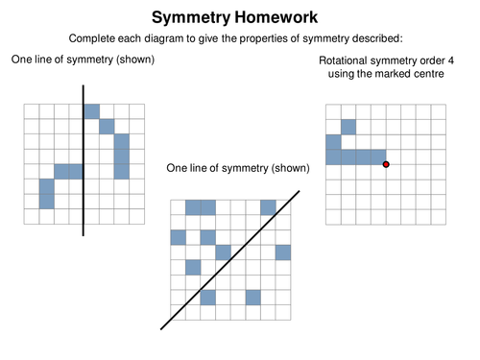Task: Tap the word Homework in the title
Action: (x=281, y=17)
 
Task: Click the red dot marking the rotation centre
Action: (x=386, y=165)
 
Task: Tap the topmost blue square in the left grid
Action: (x=91, y=111)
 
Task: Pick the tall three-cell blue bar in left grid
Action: (x=121, y=156)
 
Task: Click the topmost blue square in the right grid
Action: (x=348, y=126)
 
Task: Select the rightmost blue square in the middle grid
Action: (x=282, y=252)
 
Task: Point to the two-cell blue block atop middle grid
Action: (x=201, y=207)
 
